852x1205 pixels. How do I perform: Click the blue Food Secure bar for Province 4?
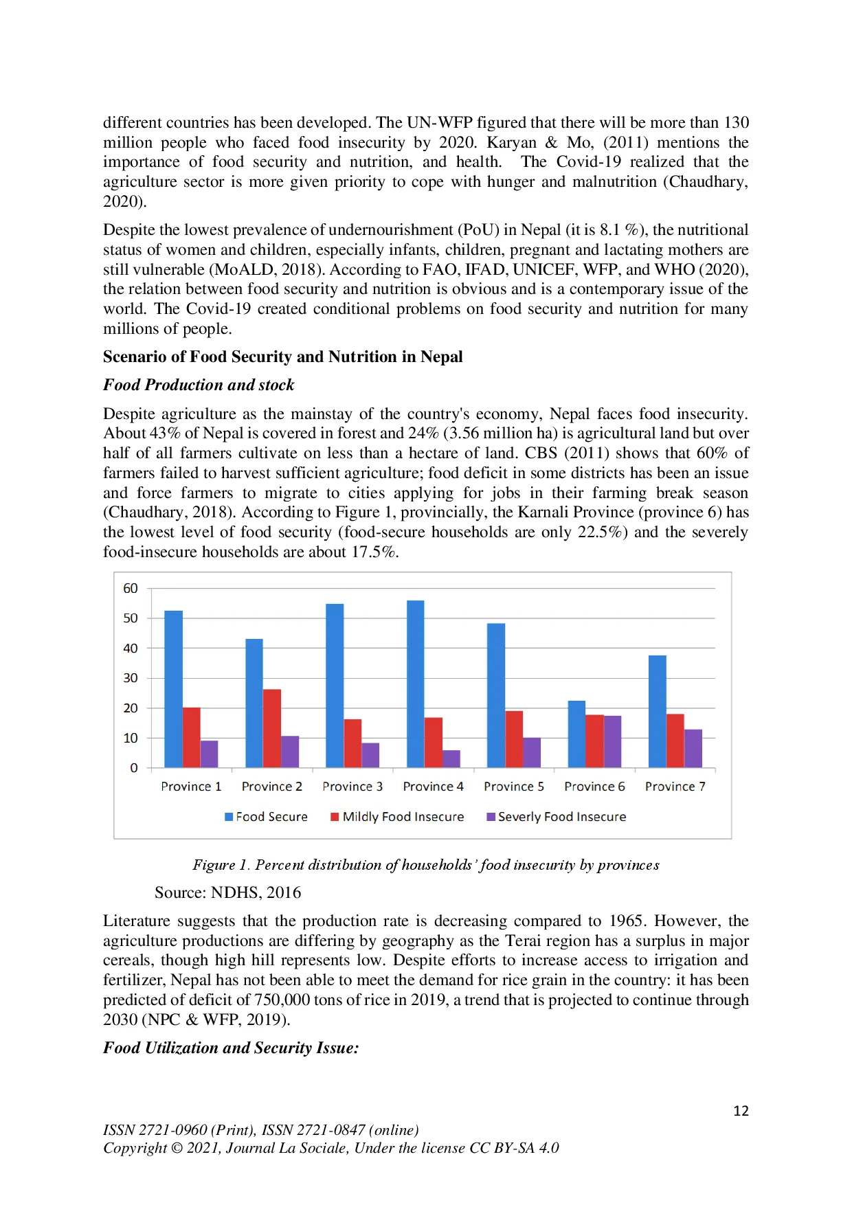[415, 684]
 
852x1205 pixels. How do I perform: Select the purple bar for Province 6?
[612, 741]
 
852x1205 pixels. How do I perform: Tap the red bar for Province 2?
[272, 728]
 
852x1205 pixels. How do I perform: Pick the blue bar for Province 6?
[576, 734]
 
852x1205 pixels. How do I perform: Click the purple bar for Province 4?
[451, 758]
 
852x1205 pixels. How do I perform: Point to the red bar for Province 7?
[675, 741]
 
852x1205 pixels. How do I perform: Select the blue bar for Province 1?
[174, 688]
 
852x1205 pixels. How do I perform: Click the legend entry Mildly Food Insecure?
[403, 817]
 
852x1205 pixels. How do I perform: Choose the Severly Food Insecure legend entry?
[561, 817]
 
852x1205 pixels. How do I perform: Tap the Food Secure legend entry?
[271, 817]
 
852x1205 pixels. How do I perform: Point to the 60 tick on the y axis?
[131, 588]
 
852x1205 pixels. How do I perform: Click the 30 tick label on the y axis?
[131, 678]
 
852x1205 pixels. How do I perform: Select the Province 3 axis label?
[352, 787]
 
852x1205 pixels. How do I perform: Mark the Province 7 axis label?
[675, 787]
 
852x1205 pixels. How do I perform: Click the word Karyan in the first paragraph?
[512, 143]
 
